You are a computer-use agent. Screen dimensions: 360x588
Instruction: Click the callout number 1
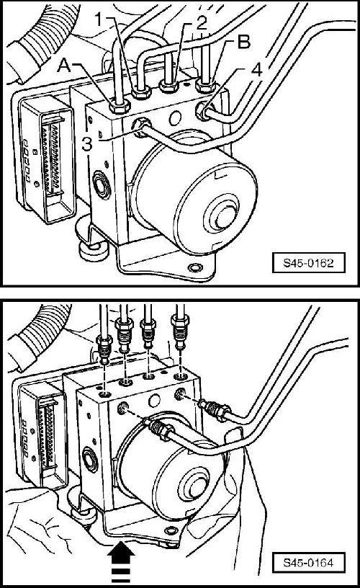click(x=99, y=19)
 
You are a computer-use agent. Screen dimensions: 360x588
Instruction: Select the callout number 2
click(x=202, y=24)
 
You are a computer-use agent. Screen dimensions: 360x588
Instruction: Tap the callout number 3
click(x=87, y=144)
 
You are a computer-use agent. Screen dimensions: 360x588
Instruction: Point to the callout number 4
click(x=256, y=70)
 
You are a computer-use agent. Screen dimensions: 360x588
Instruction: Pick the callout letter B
click(x=244, y=43)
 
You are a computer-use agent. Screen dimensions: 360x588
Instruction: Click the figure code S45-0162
click(x=308, y=263)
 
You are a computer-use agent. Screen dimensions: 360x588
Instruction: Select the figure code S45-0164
click(x=308, y=563)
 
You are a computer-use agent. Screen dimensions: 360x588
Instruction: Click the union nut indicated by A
click(x=120, y=107)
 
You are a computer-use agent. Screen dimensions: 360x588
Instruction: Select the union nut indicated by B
click(x=205, y=86)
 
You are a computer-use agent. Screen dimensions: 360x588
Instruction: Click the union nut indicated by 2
click(x=168, y=87)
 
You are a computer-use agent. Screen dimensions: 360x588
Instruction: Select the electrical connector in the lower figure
click(x=41, y=436)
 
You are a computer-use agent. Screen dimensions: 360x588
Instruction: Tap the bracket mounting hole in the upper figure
click(x=195, y=267)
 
